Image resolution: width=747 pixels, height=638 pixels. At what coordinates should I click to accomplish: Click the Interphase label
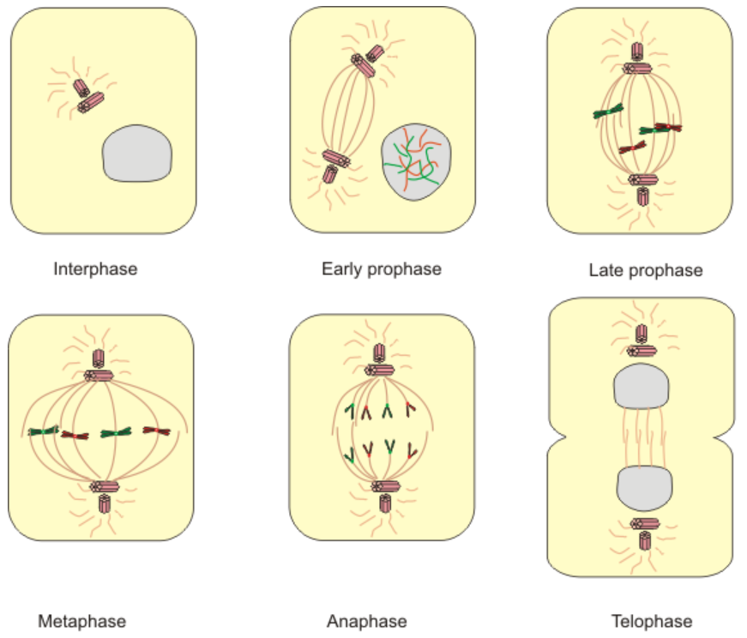[95, 269]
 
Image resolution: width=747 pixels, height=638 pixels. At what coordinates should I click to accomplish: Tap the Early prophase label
[381, 269]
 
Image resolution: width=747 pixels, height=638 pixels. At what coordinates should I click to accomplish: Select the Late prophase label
[646, 271]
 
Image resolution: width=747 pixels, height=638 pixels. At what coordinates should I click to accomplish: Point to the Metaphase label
[81, 621]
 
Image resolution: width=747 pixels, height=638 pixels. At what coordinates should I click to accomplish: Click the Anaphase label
[366, 621]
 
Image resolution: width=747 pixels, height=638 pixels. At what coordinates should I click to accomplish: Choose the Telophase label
[652, 621]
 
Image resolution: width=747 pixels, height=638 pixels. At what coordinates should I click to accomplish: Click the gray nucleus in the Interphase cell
[137, 153]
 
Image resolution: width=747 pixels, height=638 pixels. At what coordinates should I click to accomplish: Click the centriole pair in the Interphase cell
[87, 95]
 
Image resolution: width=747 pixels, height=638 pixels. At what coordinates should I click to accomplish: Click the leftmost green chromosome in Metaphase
[42, 430]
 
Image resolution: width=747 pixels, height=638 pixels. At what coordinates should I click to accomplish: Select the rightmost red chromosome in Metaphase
[157, 430]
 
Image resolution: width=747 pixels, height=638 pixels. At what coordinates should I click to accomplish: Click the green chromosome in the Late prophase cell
[608, 111]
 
